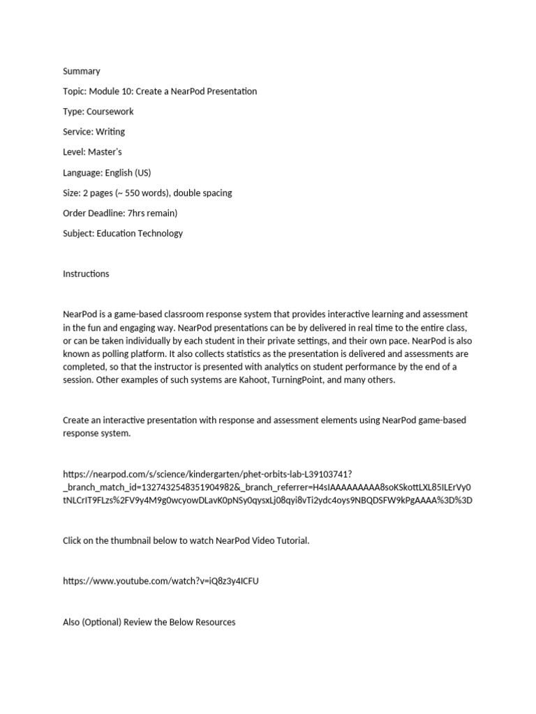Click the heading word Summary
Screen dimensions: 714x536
(82, 71)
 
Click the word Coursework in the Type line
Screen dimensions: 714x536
(110, 112)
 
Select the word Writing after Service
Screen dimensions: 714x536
(110, 132)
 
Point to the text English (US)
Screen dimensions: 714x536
(128, 172)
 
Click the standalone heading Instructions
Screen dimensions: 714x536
(86, 274)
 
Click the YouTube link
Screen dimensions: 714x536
(161, 581)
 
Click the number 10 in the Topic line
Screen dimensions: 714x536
(126, 91)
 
